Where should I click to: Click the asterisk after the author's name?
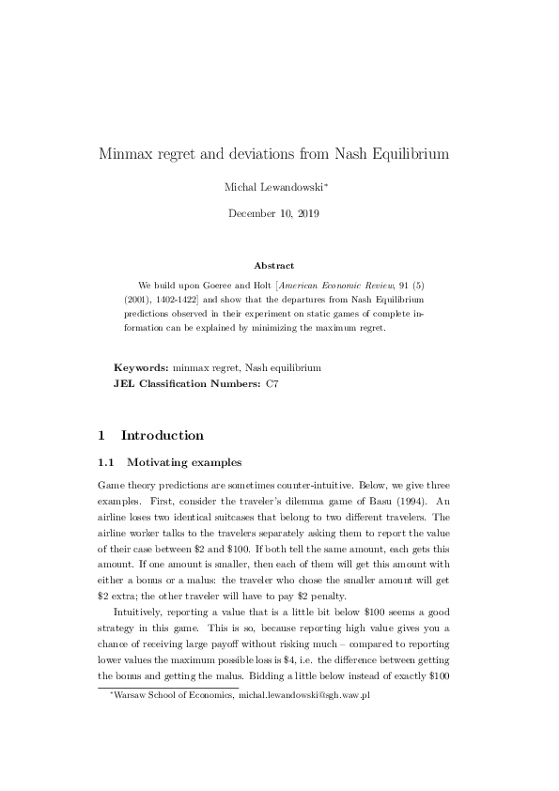tap(326, 184)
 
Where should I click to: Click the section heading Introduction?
tap(162, 436)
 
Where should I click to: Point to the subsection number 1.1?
tap(107, 462)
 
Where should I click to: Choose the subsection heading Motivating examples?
tap(184, 462)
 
